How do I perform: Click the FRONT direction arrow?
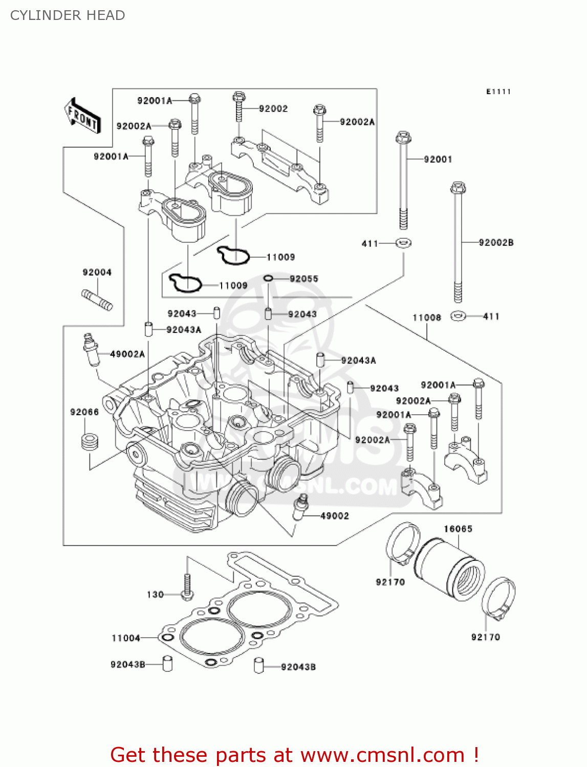pos(82,116)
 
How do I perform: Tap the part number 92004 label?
pos(97,273)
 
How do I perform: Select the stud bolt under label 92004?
pos(97,300)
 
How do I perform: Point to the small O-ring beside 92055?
pos(268,278)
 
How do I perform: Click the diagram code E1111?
pos(498,92)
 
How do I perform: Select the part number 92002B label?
pos(495,242)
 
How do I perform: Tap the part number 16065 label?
pos(458,529)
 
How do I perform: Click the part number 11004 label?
pos(125,638)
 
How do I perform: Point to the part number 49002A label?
pos(127,354)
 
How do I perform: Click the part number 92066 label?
pos(84,412)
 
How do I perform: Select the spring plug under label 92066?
pos(90,442)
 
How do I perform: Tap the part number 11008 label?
pos(426,318)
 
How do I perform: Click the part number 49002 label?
pos(334,516)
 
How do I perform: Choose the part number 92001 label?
pos(438,160)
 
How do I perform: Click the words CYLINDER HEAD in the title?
pos(68,15)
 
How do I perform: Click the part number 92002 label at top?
pos(273,109)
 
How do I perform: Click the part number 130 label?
pos(155,595)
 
